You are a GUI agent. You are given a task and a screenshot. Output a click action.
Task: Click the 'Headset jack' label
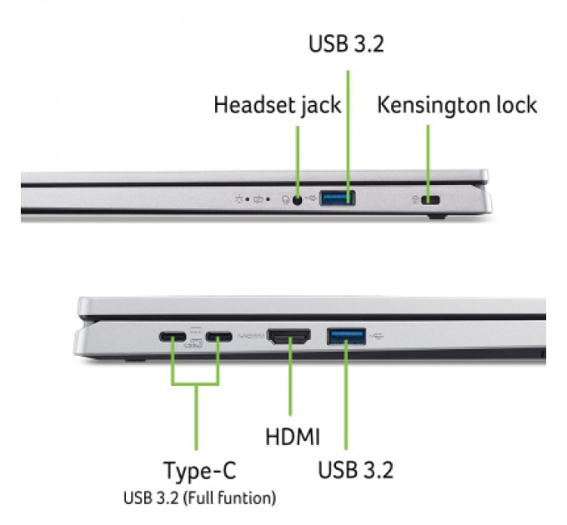click(x=277, y=105)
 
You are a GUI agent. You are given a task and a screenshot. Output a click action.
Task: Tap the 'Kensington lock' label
click(x=457, y=105)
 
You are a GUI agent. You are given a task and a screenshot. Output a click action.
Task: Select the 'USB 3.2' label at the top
click(x=346, y=43)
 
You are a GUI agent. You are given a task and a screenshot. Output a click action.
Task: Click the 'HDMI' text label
click(x=293, y=436)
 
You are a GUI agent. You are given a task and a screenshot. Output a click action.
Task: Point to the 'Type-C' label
click(x=199, y=471)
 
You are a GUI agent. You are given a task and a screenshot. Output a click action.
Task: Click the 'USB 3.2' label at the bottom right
click(x=355, y=469)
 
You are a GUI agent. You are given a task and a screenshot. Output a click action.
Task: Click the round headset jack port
click(x=297, y=199)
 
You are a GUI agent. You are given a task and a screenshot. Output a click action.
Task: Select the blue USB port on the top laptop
click(x=338, y=198)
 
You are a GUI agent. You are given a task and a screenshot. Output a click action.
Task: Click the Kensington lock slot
click(x=431, y=199)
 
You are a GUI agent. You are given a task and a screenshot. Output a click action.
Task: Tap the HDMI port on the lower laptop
click(x=289, y=337)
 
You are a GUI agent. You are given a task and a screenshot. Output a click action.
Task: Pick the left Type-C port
click(x=174, y=337)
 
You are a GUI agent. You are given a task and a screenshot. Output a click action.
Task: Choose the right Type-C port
click(x=219, y=337)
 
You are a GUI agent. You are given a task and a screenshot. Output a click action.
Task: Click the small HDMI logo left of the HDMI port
click(x=250, y=337)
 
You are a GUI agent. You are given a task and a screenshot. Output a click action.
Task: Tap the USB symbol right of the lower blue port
click(x=379, y=337)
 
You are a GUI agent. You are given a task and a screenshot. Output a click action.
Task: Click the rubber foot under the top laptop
click(x=436, y=217)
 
